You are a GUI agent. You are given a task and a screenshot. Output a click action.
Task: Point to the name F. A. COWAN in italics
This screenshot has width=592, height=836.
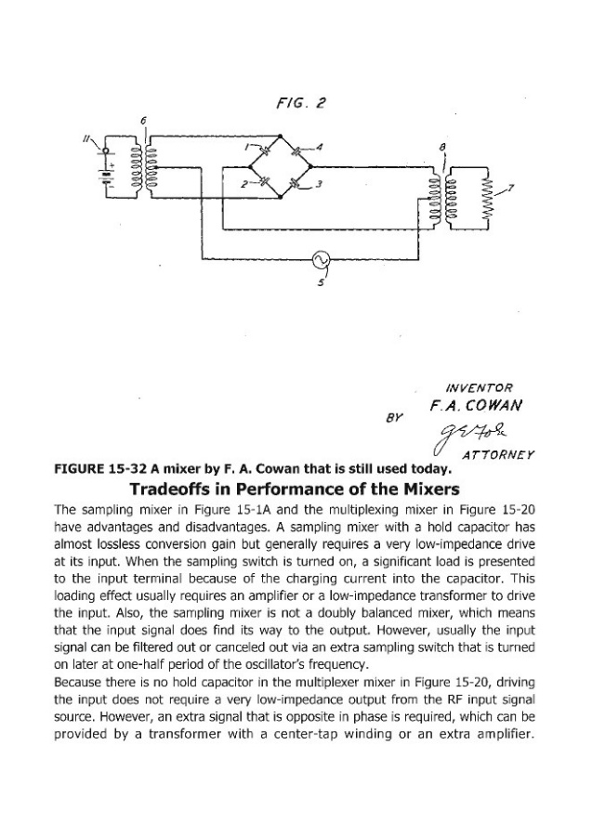coord(475,406)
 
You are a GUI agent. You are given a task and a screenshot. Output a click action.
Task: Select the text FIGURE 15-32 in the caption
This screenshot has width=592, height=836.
coord(99,467)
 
